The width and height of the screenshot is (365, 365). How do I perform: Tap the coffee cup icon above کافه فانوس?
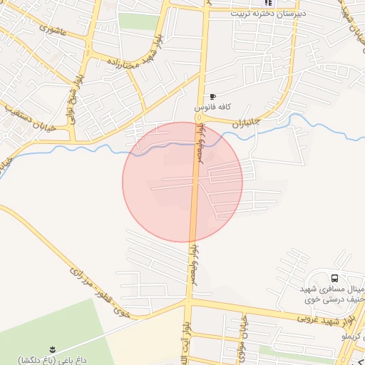tap(212, 96)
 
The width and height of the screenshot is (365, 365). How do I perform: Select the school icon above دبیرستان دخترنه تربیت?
tap(268, 3)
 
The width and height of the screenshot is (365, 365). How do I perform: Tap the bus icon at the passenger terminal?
tap(334, 277)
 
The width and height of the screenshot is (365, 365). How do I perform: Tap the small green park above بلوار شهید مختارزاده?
tap(138, 21)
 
